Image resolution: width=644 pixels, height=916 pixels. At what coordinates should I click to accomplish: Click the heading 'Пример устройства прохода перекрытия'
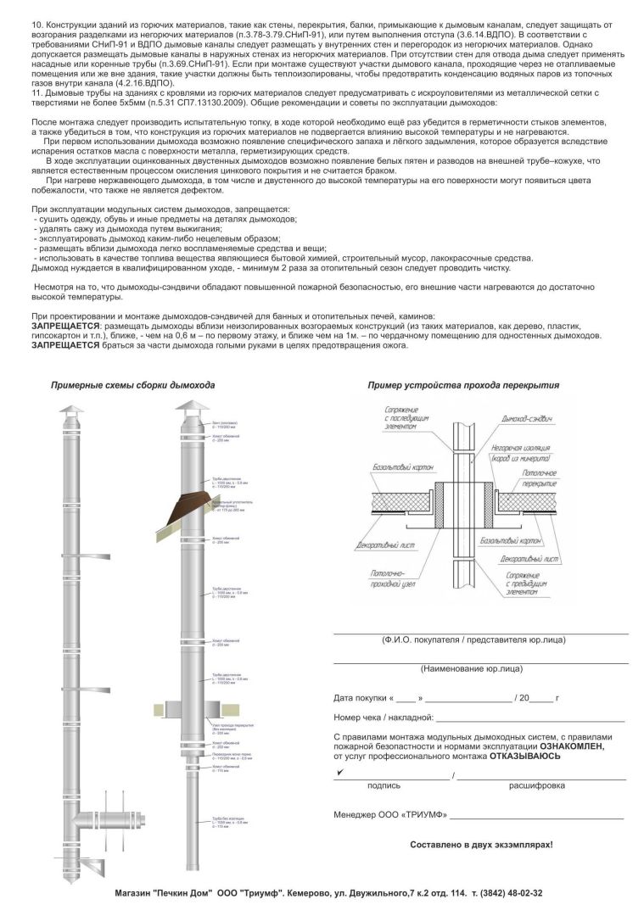coord(463,385)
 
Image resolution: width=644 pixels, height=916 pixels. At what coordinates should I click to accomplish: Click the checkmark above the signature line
coord(339,773)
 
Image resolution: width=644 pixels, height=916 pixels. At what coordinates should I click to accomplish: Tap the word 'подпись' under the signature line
coord(384,785)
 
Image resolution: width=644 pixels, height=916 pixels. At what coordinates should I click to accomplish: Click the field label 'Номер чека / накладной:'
coord(384,718)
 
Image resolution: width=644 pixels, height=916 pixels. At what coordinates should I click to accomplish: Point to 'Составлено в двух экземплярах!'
coord(481,845)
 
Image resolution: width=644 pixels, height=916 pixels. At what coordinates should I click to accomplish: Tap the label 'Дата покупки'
coord(360,698)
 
